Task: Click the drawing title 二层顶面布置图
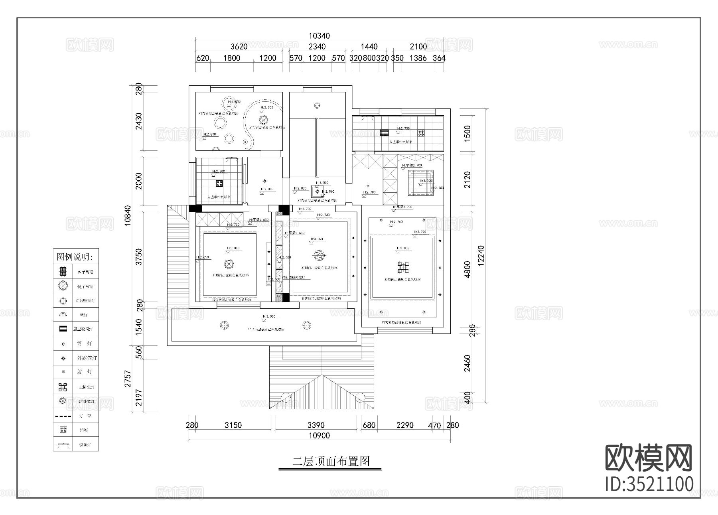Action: tap(331, 462)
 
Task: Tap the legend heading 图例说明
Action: tap(75, 257)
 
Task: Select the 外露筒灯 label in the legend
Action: tap(87, 358)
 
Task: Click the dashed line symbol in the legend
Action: tap(63, 416)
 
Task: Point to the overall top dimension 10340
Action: tap(319, 36)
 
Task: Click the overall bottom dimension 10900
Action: tap(319, 436)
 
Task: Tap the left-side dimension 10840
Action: tap(128, 216)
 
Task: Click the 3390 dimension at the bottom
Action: tap(316, 425)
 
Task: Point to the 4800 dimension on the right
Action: tap(467, 269)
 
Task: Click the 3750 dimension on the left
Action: tap(138, 257)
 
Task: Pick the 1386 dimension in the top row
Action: tap(418, 58)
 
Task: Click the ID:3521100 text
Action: tap(649, 484)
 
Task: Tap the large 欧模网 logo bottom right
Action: tap(649, 458)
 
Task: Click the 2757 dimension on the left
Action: tap(128, 379)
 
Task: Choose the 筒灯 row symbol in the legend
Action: tap(63, 344)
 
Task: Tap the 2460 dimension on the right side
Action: tap(467, 363)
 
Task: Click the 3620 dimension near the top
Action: tap(239, 47)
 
